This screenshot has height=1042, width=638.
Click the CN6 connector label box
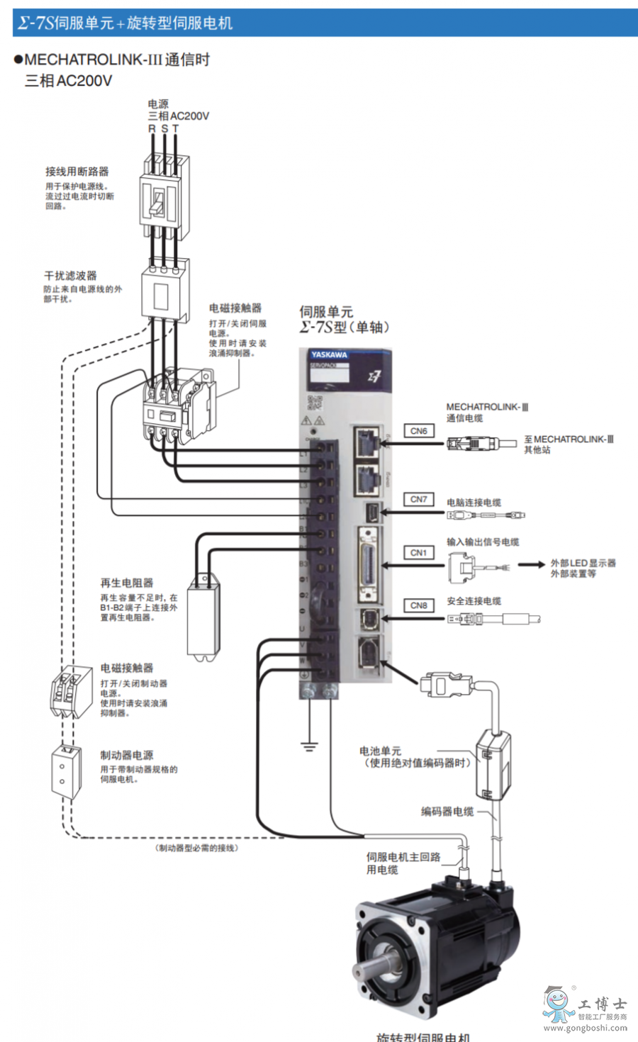[x=419, y=431]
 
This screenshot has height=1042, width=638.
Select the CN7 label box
[x=419, y=500]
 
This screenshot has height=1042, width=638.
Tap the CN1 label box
[x=419, y=553]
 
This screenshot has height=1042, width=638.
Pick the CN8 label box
[x=419, y=606]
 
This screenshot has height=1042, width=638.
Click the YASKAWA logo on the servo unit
[x=329, y=354]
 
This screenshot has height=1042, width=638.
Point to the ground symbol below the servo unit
[x=309, y=746]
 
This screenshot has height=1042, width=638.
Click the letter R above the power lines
[x=152, y=129]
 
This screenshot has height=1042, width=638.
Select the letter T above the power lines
[x=175, y=129]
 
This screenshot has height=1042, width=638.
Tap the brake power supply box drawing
[x=67, y=772]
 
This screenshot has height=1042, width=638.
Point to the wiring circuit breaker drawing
[x=164, y=199]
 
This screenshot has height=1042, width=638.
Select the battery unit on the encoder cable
[x=493, y=764]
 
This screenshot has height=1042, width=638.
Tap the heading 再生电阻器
[x=127, y=583]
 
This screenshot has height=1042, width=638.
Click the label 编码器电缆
[x=447, y=812]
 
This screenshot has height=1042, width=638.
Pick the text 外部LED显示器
[x=583, y=563]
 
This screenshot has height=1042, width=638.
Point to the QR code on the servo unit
[x=314, y=403]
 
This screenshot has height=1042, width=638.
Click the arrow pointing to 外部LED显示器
[x=531, y=565]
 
